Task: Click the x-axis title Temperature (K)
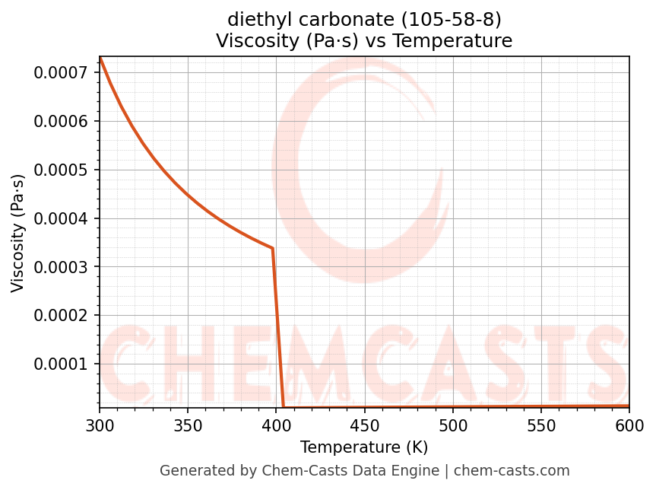(364, 447)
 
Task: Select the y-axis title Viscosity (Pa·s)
(18, 233)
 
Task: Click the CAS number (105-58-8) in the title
(455, 19)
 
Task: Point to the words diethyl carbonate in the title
(306, 19)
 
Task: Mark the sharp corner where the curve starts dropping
(272, 248)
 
